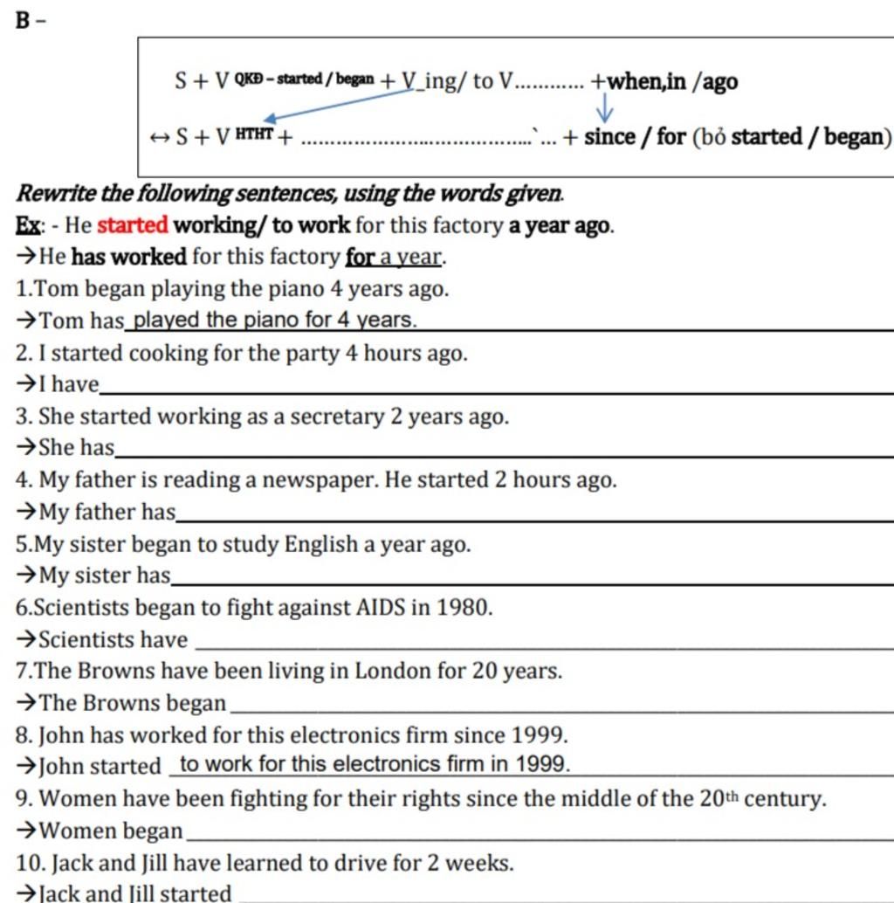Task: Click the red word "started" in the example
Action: tap(132, 225)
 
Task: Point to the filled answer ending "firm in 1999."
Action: tap(375, 764)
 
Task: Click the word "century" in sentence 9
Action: tap(783, 798)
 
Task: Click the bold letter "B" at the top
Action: tap(23, 19)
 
